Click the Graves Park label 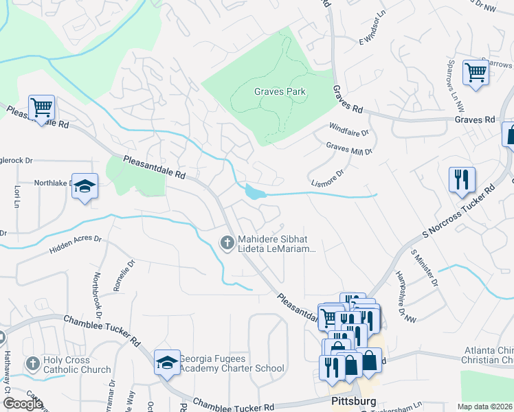[280, 91]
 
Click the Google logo [23, 403]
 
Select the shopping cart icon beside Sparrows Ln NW [476, 71]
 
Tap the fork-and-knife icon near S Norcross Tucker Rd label [462, 180]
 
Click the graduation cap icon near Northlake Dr [85, 186]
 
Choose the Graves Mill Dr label [349, 148]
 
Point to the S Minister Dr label [424, 268]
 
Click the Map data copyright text [485, 407]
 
